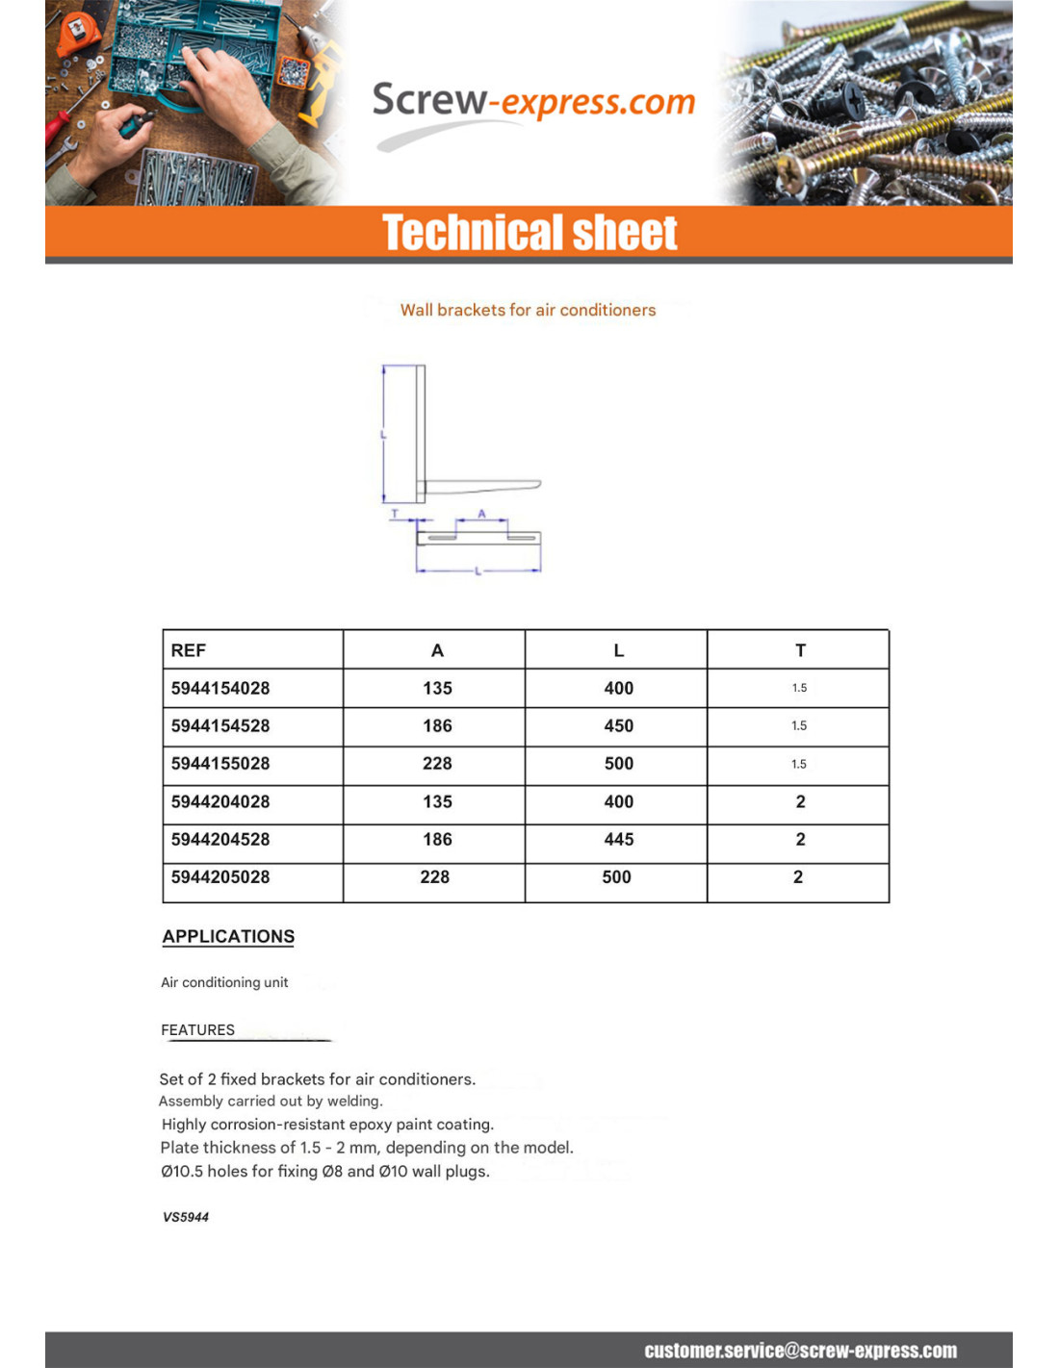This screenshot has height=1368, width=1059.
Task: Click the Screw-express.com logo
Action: pyautogui.click(x=532, y=103)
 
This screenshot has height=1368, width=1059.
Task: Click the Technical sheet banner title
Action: pyautogui.click(x=529, y=233)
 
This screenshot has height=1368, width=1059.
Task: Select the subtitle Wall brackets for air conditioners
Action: pyautogui.click(x=528, y=310)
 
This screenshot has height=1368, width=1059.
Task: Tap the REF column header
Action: pyautogui.click(x=189, y=650)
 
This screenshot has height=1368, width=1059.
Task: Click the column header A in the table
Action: pyautogui.click(x=437, y=650)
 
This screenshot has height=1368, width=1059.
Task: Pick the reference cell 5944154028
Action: pyautogui.click(x=220, y=688)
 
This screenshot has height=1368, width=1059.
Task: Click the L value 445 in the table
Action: pyautogui.click(x=618, y=839)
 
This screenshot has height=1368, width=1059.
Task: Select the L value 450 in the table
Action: pyautogui.click(x=618, y=725)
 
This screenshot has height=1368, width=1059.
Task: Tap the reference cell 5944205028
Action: pyautogui.click(x=220, y=876)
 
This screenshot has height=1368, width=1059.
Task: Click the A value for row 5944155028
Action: pyautogui.click(x=437, y=763)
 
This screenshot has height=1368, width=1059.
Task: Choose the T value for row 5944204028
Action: pyautogui.click(x=800, y=801)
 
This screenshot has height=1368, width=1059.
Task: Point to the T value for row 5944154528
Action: pyautogui.click(x=799, y=725)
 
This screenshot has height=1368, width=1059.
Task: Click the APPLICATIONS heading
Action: pyautogui.click(x=228, y=936)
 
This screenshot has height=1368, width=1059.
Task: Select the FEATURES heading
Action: pyautogui.click(x=197, y=1029)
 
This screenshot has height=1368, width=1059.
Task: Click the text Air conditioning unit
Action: pyautogui.click(x=224, y=982)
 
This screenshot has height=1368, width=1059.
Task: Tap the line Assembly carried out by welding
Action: pyautogui.click(x=271, y=1101)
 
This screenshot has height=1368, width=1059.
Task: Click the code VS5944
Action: pyautogui.click(x=186, y=1217)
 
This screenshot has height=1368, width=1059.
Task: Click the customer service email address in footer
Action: pyautogui.click(x=800, y=1351)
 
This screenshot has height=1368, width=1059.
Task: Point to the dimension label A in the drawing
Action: pyautogui.click(x=482, y=514)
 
